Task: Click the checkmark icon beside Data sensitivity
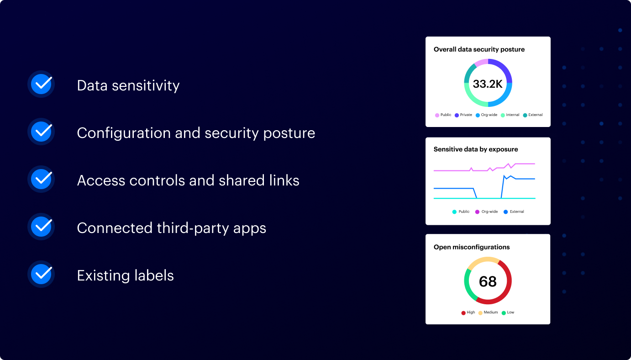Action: point(42,84)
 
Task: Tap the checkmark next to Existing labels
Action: point(42,274)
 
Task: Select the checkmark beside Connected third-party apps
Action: point(42,227)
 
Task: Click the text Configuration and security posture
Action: point(196,133)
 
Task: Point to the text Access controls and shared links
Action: point(188,180)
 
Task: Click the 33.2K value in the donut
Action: point(488,84)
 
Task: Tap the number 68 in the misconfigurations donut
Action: point(488,281)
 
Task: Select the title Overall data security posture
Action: point(479,49)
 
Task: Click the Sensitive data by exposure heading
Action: point(475,149)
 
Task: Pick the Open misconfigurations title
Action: point(472,247)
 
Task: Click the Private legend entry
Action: point(463,115)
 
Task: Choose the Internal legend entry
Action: point(510,115)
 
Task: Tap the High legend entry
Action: point(468,312)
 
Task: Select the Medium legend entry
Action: point(488,312)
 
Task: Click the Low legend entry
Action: point(508,312)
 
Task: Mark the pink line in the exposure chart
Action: point(452,170)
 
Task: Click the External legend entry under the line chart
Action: point(514,212)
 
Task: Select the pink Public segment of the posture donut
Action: point(481,62)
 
